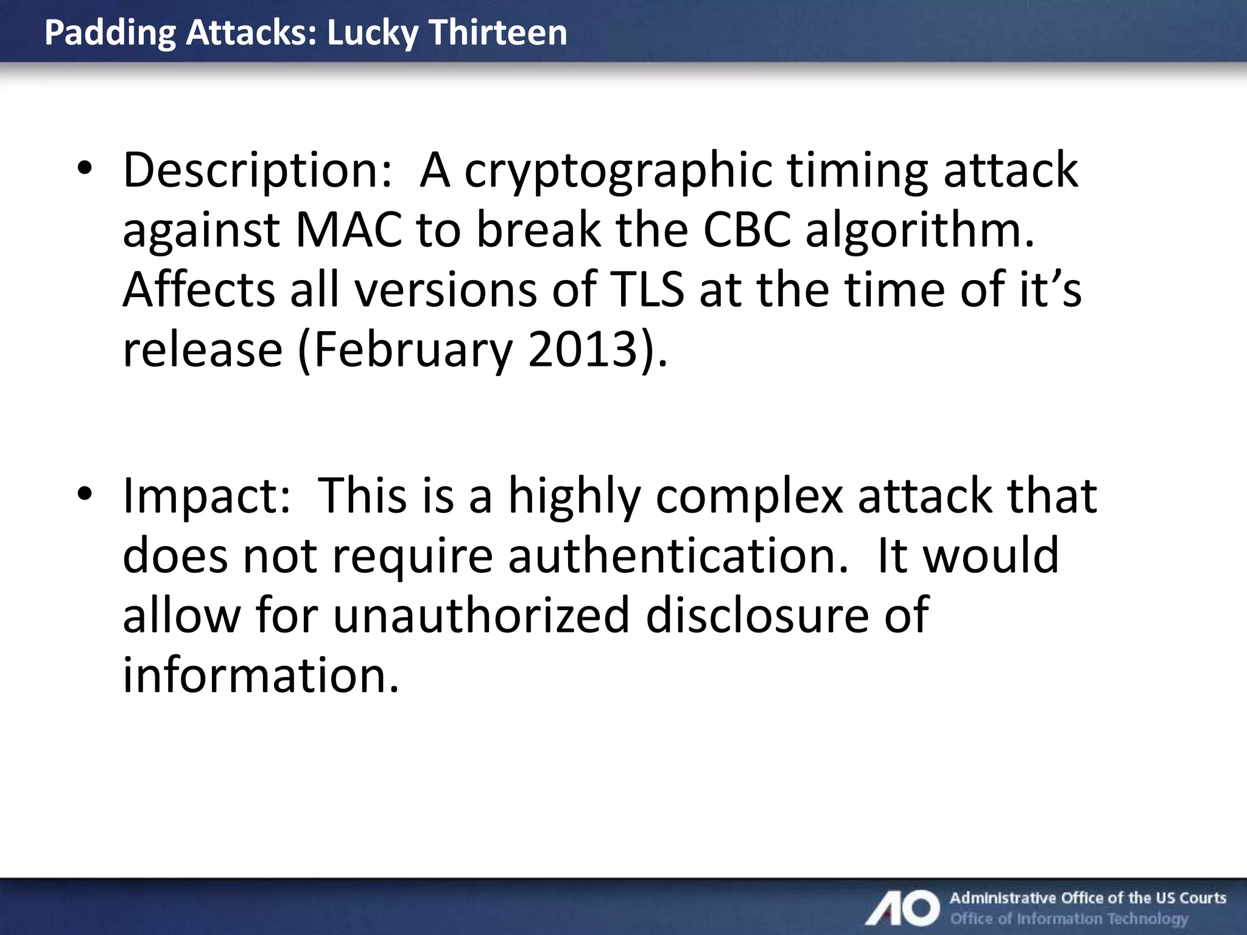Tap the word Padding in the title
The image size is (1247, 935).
pyautogui.click(x=110, y=33)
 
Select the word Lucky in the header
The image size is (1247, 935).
pyautogui.click(x=373, y=33)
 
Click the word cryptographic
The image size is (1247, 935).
pyautogui.click(x=618, y=171)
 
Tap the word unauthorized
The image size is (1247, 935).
pyautogui.click(x=481, y=615)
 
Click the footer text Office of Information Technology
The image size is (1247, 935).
pyautogui.click(x=1069, y=919)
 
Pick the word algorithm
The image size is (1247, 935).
pyautogui.click(x=919, y=231)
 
